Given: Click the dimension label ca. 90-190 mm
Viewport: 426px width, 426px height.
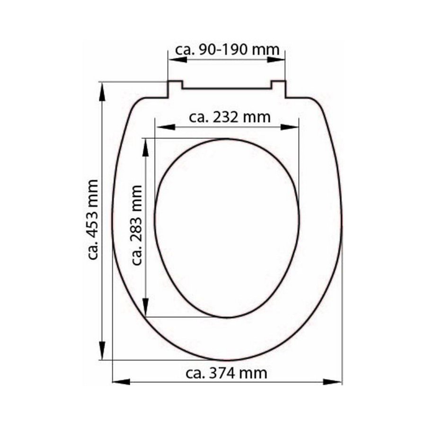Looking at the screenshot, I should (x=227, y=50).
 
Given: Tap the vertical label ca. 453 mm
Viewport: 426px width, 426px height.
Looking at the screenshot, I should (x=92, y=220).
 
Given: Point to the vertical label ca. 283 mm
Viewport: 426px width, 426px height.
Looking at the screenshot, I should (x=137, y=225).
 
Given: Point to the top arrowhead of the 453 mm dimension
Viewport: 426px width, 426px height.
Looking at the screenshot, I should (x=102, y=90).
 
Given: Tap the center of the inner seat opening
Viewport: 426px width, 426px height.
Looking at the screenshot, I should (x=227, y=228).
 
